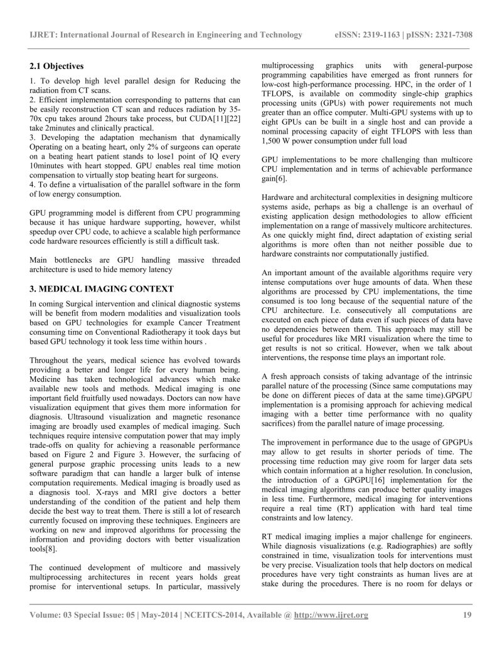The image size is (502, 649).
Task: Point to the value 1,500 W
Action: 279,140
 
